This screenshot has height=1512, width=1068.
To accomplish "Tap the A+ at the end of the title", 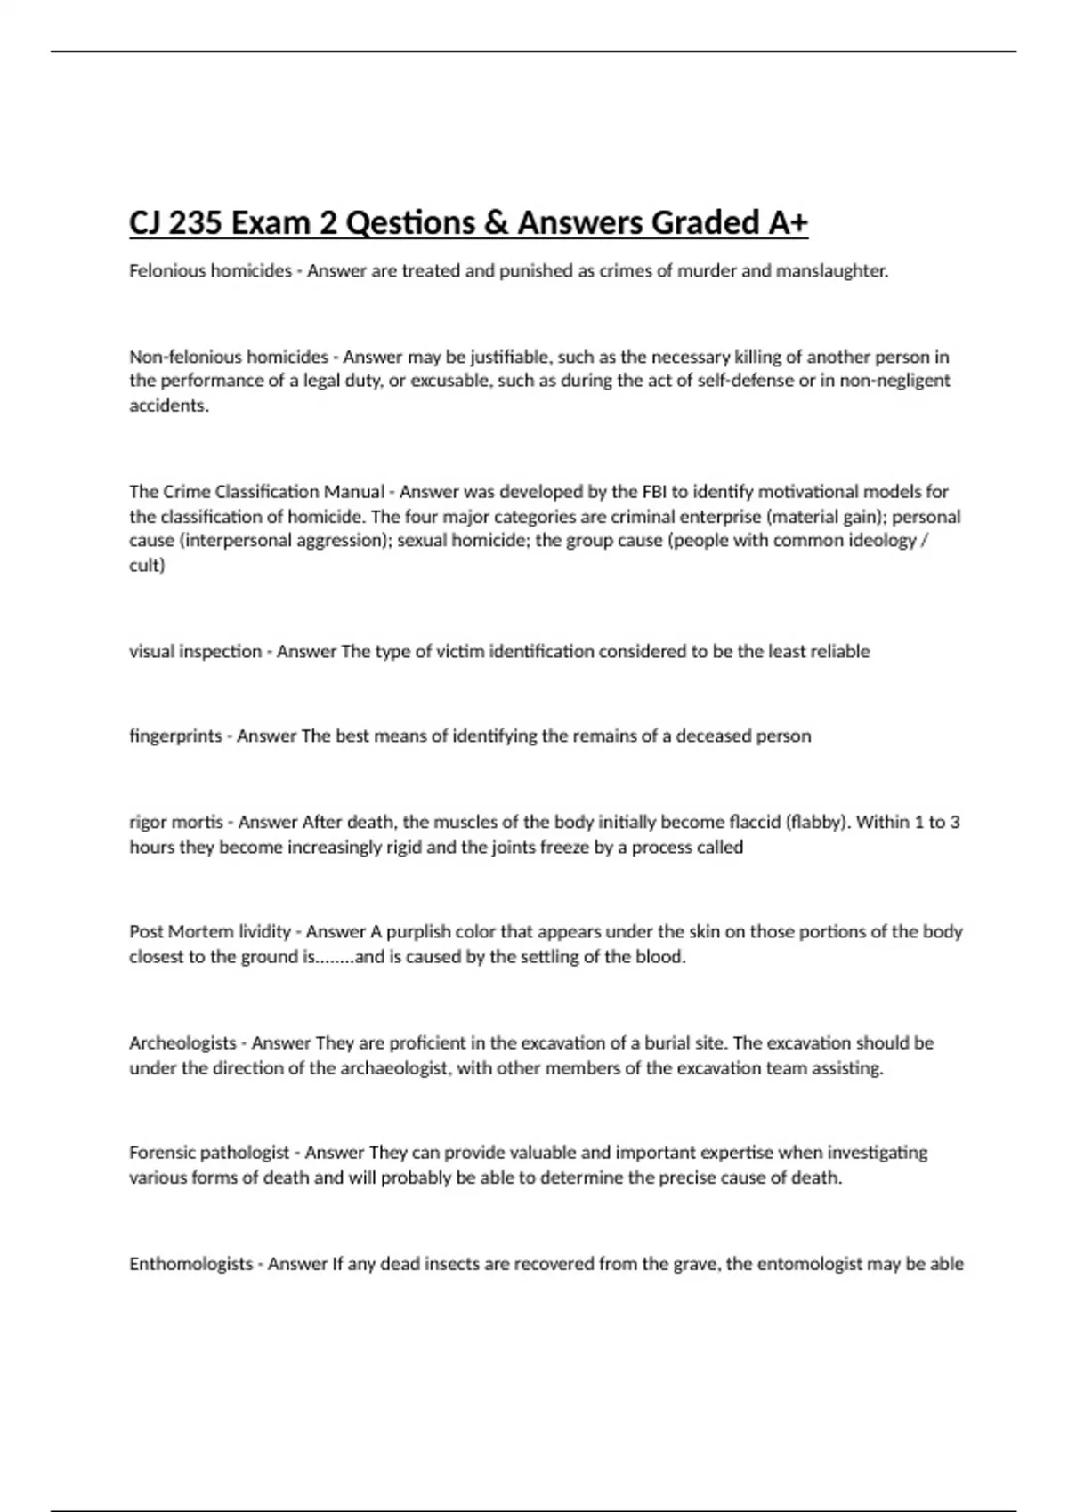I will click(x=787, y=222).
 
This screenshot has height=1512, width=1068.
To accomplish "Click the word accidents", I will click(x=169, y=406).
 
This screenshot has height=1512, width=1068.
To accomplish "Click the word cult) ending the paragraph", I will click(x=147, y=565).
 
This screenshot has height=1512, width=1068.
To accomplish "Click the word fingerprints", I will click(x=175, y=736).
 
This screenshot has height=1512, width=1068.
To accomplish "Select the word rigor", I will click(x=148, y=822).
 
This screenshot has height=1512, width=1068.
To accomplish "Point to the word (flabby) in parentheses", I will click(x=818, y=822).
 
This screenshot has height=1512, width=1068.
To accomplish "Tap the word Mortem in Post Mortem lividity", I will click(x=202, y=932).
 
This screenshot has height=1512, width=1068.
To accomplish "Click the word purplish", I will click(x=418, y=932).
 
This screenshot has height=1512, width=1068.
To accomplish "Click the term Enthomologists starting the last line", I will click(x=190, y=1264).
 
